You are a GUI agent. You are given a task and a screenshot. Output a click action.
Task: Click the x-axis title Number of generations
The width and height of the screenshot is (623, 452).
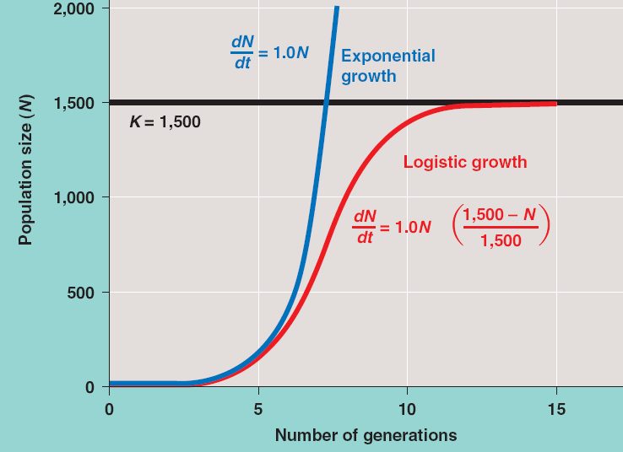coord(366,435)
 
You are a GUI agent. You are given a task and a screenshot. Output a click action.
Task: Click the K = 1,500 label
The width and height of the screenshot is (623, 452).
coord(165,122)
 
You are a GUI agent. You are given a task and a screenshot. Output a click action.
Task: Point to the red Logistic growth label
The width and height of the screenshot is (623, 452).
coord(464,162)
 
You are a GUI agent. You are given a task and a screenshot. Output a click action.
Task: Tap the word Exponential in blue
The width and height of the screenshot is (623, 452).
coord(387,56)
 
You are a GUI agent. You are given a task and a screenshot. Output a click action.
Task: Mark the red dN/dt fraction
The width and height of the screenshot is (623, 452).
coord(364,228)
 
